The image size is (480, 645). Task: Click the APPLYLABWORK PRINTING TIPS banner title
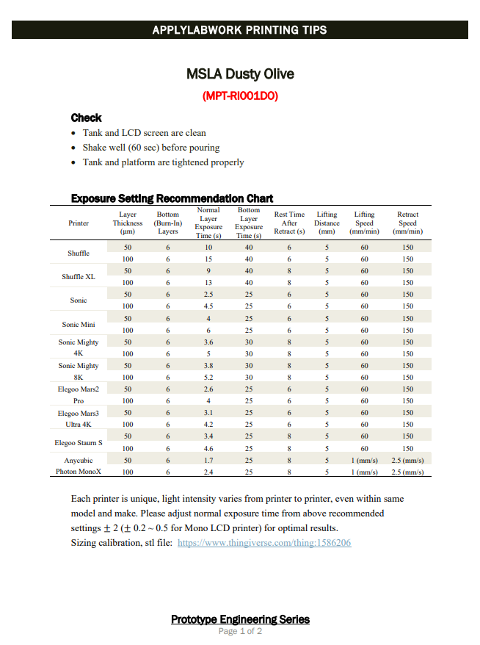(x=240, y=30)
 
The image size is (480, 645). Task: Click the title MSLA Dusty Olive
(x=240, y=74)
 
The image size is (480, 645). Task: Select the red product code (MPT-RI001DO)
(x=240, y=96)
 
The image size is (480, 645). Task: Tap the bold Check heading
(x=86, y=118)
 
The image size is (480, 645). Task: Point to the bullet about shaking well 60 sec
(x=151, y=148)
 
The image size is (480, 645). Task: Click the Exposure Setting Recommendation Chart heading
(x=172, y=198)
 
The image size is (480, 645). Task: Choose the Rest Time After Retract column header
(x=289, y=223)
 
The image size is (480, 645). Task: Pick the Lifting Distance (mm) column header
(x=327, y=223)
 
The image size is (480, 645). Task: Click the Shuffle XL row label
(x=79, y=277)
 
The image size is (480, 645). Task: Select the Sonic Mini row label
(x=79, y=324)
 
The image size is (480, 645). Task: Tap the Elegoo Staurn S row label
(x=79, y=443)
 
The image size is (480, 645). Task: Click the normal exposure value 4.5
(x=208, y=306)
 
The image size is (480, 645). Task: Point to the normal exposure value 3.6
(x=208, y=342)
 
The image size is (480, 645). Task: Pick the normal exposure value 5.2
(x=208, y=378)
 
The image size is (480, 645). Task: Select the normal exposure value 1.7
(x=208, y=461)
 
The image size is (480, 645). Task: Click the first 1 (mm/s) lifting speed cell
(x=364, y=461)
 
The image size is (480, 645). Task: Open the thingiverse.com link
(x=264, y=543)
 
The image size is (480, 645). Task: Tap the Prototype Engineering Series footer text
(x=240, y=619)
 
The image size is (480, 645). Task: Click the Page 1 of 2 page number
(x=240, y=631)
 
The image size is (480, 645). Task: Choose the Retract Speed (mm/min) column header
(x=407, y=223)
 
